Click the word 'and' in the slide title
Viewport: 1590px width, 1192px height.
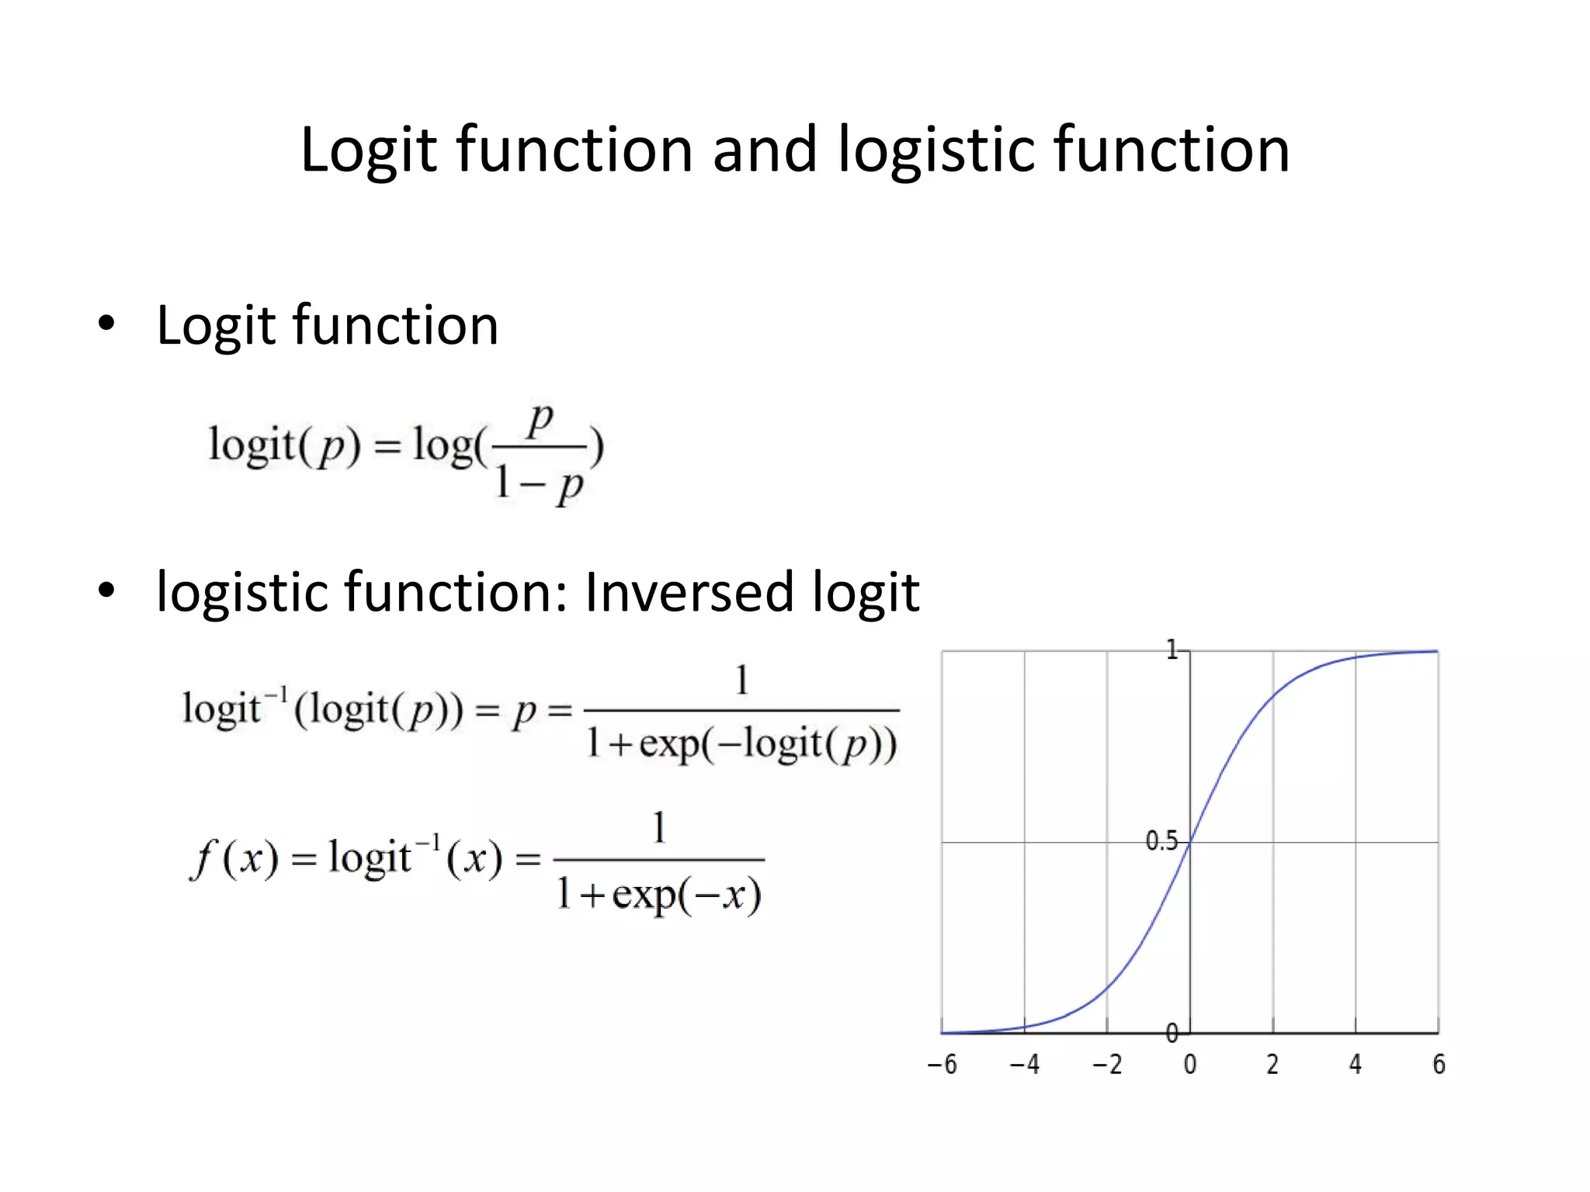coord(765,149)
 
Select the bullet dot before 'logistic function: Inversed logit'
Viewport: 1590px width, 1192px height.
coord(106,591)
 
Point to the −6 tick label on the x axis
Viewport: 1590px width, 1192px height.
coord(942,1064)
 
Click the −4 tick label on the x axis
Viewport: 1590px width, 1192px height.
coord(1024,1064)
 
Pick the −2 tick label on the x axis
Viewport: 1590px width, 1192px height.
coord(1107,1064)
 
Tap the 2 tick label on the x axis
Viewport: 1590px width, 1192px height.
coord(1272,1064)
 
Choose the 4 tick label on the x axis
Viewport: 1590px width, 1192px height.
coord(1356,1064)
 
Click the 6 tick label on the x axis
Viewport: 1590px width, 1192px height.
coord(1439,1064)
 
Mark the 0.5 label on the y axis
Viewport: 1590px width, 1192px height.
coord(1161,841)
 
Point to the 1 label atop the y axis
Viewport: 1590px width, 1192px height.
coord(1172,650)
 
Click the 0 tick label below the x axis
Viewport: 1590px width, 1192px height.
coord(1190,1064)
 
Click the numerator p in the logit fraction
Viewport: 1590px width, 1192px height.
coord(540,421)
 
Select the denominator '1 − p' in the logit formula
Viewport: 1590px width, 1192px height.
coord(539,484)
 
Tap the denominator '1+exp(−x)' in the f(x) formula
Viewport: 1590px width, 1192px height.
coord(659,895)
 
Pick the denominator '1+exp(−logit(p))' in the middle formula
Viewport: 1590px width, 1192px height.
coord(741,743)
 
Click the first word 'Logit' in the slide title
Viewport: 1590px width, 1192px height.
coord(369,149)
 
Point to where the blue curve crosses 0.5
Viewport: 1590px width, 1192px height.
coord(1190,842)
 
